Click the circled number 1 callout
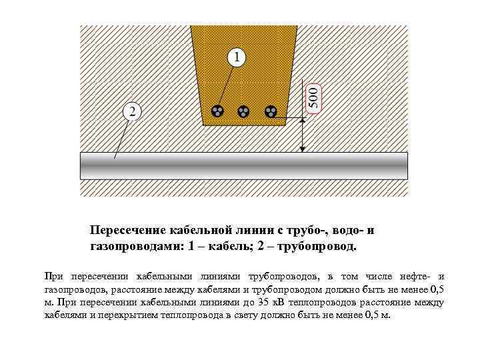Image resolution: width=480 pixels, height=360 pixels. click(235, 57)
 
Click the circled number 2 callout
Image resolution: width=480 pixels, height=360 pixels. click(132, 111)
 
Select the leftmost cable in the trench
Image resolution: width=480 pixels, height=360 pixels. click(218, 111)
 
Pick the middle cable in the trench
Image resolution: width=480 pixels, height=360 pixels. click(244, 111)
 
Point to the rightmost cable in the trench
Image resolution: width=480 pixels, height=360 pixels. click(270, 111)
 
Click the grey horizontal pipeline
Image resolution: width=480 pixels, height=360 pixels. click(243, 165)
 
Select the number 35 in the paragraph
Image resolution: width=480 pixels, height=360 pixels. click(261, 302)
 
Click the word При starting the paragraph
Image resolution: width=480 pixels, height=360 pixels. click(52, 276)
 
